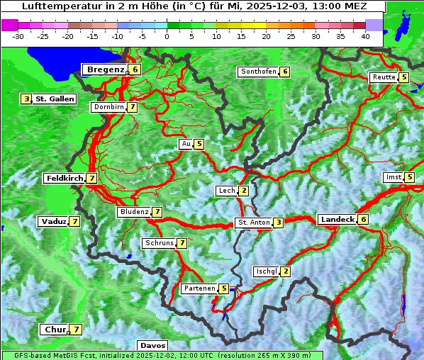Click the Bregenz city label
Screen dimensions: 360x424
coord(105,69)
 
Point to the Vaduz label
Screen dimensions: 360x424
coord(53,222)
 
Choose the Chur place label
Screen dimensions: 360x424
coord(55,330)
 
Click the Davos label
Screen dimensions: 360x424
coord(152,346)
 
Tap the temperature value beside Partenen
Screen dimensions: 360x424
coord(224,288)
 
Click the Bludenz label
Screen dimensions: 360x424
coord(134,212)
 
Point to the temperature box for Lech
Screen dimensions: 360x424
coord(244,191)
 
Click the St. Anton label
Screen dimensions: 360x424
coord(254,223)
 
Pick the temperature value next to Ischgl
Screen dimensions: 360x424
coord(285,271)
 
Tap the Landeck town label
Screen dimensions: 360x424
coord(337,220)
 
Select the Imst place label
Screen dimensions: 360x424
coord(393,177)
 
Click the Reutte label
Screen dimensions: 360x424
coord(384,77)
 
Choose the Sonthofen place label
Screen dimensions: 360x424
coord(258,72)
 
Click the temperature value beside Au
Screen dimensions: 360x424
coord(200,144)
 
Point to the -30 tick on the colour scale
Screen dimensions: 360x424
coord(18,36)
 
